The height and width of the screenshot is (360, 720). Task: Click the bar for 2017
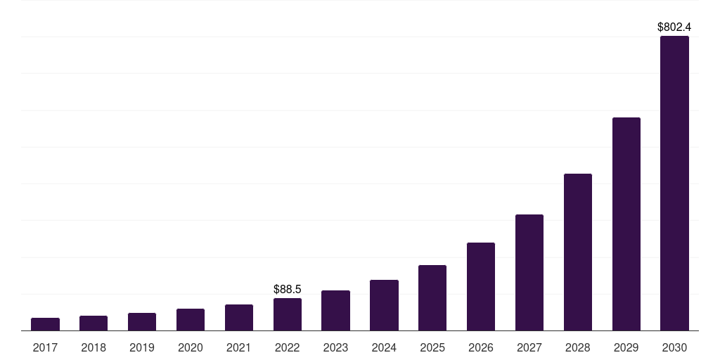coord(46,324)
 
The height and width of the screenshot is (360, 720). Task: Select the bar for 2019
coord(142,322)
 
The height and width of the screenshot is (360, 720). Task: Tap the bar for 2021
coord(239,318)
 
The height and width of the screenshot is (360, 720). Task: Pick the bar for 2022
coord(288,314)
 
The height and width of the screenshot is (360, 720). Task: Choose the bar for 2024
coord(384,305)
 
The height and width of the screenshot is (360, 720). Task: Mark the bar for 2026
coord(481,287)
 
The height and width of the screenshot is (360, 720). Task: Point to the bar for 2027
coord(529,273)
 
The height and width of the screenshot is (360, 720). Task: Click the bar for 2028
coord(578,252)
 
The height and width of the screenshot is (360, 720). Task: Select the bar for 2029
coord(626,224)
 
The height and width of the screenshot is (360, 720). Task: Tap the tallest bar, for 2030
coord(674,184)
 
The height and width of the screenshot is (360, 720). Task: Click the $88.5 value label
coord(288,289)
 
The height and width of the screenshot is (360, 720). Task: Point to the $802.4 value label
coord(674,27)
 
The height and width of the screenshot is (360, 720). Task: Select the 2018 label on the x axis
coord(94,348)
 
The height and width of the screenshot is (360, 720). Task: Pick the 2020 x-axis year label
coord(191,348)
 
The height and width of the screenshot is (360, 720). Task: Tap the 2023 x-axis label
coord(335,348)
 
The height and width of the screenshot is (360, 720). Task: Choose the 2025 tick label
coord(432,348)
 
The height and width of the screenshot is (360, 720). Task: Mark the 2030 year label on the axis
coord(674,348)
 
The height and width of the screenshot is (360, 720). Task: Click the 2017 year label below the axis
coord(46,348)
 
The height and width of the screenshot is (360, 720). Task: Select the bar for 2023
coord(335,311)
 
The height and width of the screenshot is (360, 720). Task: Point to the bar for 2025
coord(432,298)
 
